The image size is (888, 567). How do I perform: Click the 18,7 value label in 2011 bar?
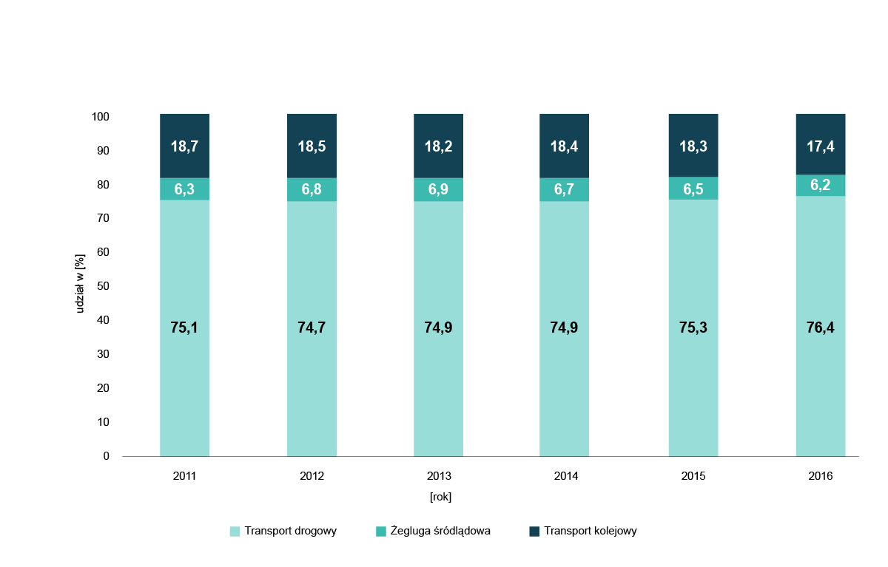[x=184, y=146]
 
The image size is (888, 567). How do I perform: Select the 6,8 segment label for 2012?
[x=312, y=189]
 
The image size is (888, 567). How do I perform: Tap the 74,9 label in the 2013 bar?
[x=438, y=327]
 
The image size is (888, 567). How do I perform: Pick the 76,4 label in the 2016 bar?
[x=820, y=327]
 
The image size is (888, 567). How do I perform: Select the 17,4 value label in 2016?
[x=820, y=146]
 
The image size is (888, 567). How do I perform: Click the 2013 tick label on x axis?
[x=438, y=476]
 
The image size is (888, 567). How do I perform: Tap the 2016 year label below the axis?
[x=820, y=476]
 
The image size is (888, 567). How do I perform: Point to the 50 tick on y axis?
[x=104, y=286]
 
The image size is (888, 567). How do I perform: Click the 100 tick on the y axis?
[x=101, y=117]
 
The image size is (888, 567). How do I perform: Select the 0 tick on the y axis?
[x=106, y=456]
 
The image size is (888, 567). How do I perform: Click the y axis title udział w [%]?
[x=80, y=282]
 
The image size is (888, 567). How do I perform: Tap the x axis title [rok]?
[x=440, y=497]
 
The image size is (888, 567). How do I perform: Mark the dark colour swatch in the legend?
[x=534, y=531]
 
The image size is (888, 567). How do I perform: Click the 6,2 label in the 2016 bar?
[x=820, y=186]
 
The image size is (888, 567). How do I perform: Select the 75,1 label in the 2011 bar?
[x=184, y=327]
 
